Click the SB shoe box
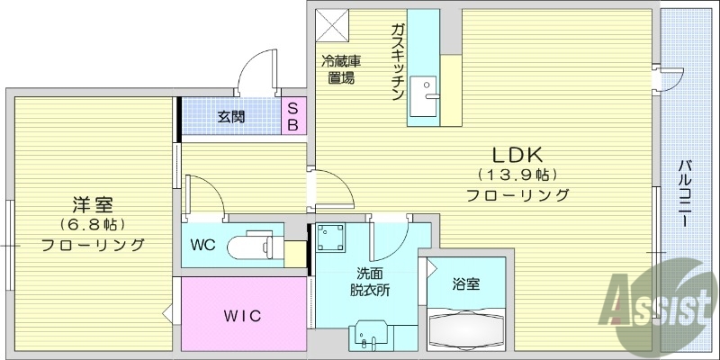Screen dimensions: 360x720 point(292,115)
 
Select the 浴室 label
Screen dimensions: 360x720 point(466,284)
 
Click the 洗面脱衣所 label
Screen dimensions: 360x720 point(368,283)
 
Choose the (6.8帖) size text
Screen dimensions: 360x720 point(93,224)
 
